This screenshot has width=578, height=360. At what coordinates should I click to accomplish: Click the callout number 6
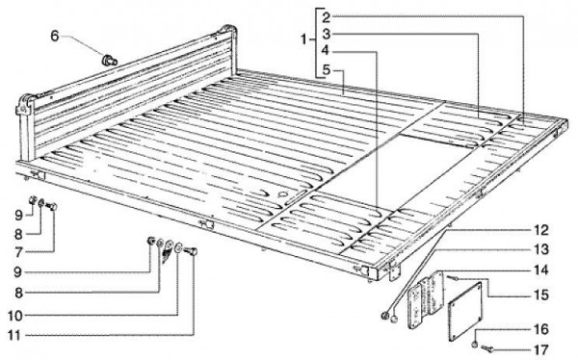55,37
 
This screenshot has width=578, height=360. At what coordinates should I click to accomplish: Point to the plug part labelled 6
110,61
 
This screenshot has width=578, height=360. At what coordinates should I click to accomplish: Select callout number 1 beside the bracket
304,39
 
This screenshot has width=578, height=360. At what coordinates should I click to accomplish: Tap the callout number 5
326,69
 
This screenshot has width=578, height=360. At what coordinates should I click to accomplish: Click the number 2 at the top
327,17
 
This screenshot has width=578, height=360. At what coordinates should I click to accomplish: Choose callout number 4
326,50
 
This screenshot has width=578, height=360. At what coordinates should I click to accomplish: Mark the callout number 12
541,231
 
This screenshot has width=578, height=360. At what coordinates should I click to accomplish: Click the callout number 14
541,270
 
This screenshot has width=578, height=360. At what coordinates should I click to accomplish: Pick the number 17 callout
541,349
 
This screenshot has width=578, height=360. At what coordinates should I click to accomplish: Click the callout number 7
19,252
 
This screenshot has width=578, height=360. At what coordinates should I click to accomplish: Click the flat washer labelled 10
178,248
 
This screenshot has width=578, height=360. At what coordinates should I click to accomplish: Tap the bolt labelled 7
51,206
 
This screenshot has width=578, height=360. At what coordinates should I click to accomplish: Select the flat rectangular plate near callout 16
465,312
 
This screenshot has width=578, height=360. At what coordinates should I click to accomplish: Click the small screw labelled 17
486,347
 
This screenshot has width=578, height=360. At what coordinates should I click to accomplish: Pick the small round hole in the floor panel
282,194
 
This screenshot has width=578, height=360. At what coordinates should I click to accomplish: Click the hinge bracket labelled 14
426,300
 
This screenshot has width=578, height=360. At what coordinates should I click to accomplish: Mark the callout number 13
541,250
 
